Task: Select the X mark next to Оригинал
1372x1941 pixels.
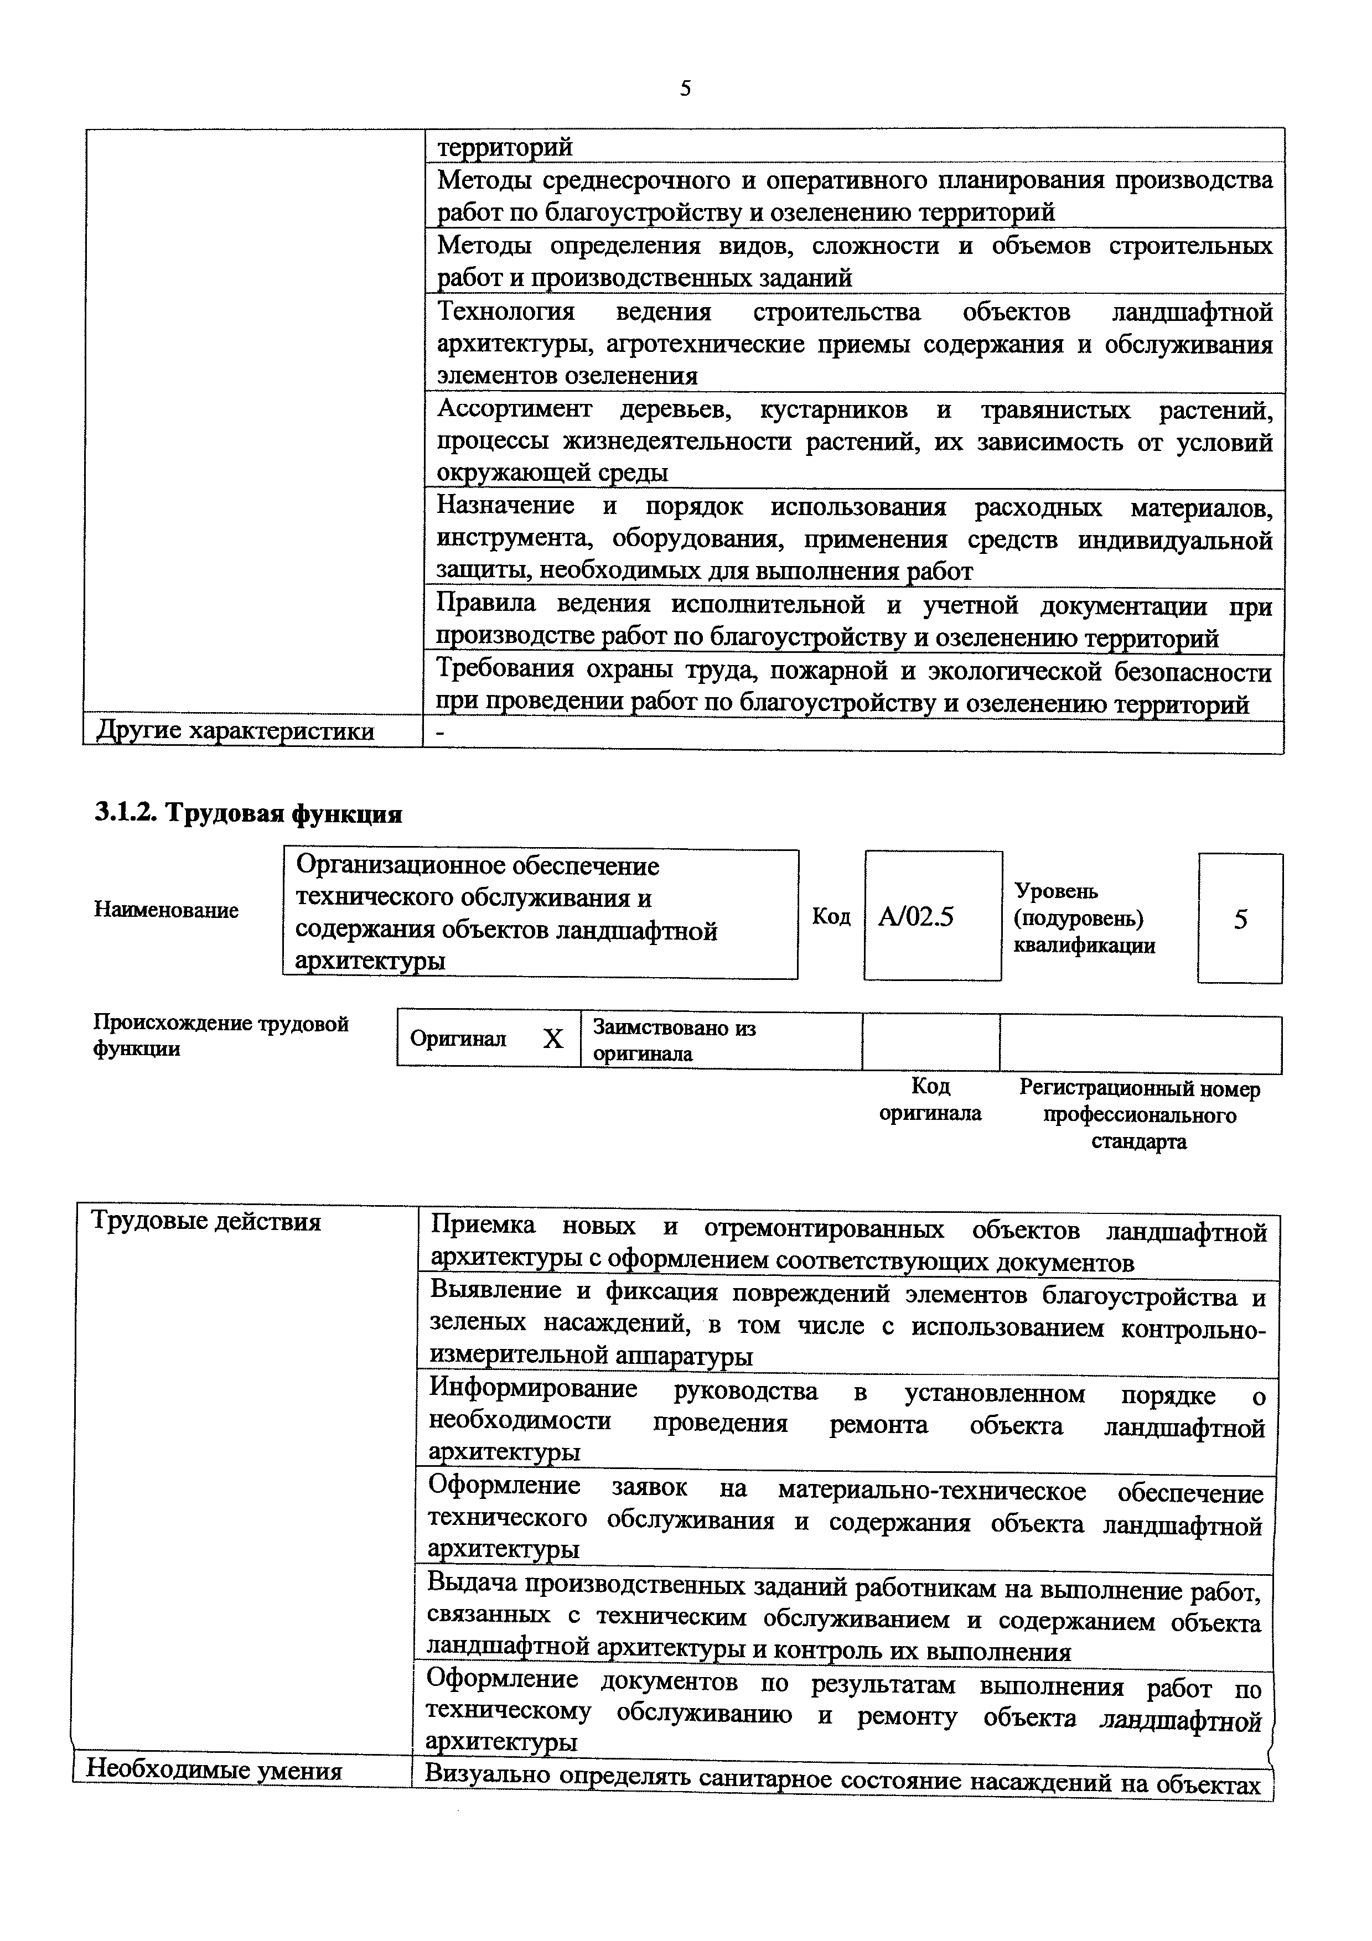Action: [553, 1038]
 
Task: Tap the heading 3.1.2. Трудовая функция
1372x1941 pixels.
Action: [248, 813]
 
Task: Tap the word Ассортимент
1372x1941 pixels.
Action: [514, 410]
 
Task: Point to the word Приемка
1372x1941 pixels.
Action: [483, 1226]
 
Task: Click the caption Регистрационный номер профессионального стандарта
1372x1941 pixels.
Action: [1138, 1114]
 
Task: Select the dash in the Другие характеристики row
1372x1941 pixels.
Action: [439, 735]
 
